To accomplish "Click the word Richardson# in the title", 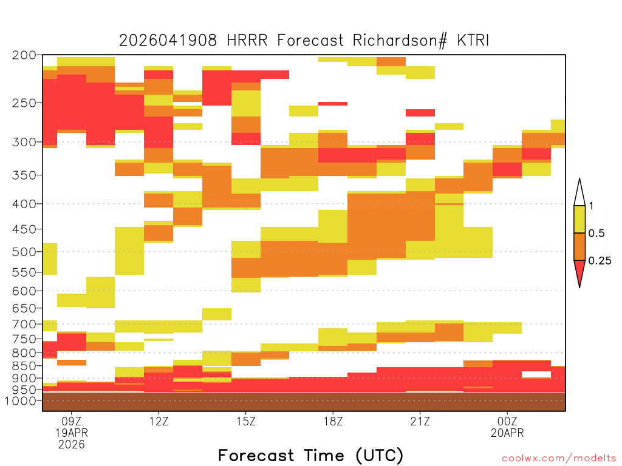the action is click(400, 41).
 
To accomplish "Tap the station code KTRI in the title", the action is click(473, 41).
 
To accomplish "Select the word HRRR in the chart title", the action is click(247, 41).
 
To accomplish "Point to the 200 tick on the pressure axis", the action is click(24, 55).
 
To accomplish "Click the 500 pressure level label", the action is click(24, 252).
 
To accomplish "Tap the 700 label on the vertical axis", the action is click(24, 324).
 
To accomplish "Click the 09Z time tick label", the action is click(72, 421).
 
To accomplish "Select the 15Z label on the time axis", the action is click(246, 421).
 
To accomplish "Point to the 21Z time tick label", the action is click(420, 421).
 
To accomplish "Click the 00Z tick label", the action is click(507, 421).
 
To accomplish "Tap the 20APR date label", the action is click(507, 433).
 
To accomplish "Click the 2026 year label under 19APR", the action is click(72, 444).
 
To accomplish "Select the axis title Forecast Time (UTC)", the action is click(310, 456).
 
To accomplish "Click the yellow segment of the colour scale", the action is click(579, 219).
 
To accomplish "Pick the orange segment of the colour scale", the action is click(579, 246).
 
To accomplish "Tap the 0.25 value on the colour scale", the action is click(600, 261).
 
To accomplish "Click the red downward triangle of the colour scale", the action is click(579, 271).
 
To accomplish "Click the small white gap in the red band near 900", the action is click(536, 374).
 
